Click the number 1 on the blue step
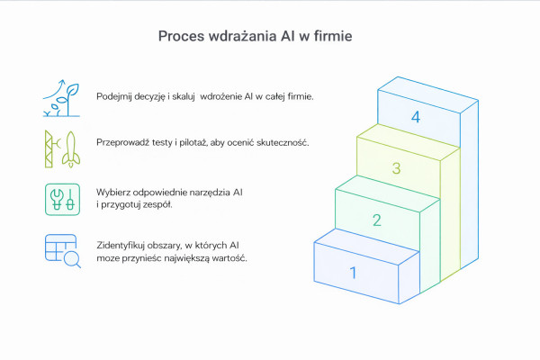coord(354,273)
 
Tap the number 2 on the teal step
coord(377,220)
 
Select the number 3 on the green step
coord(396,168)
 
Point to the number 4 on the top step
coord(416,117)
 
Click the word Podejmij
coord(118,96)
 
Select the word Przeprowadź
coord(125,142)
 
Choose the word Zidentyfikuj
coord(124,245)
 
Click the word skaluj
coord(183,96)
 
